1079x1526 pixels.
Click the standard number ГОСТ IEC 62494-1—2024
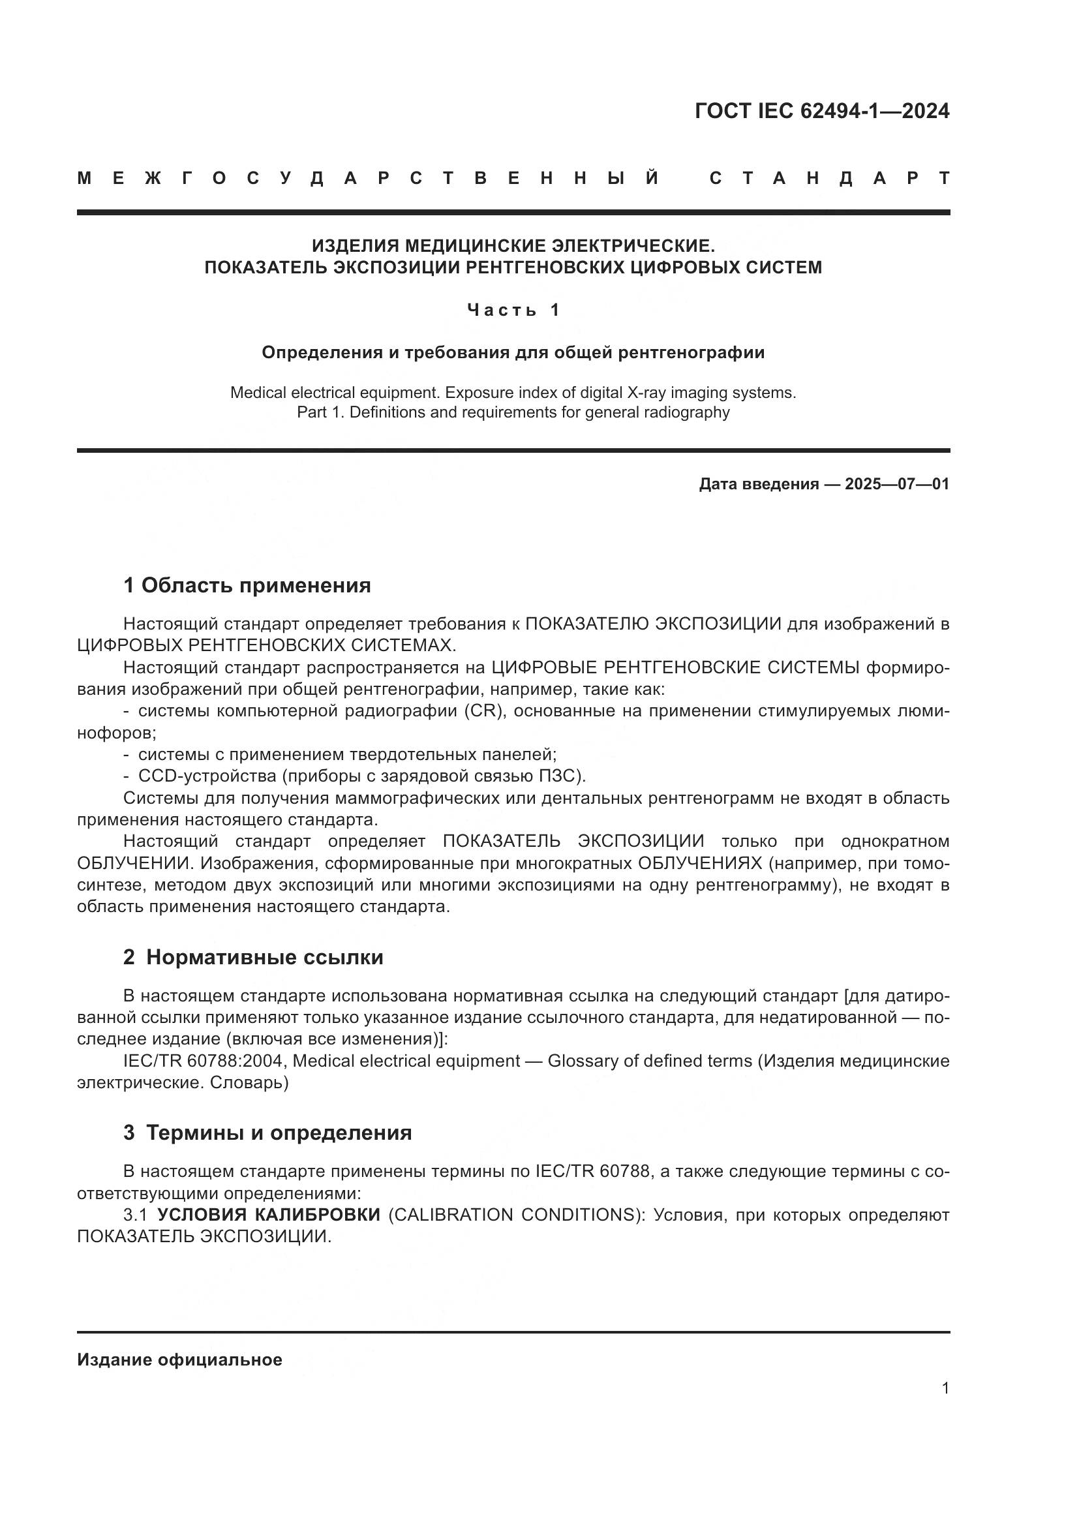pos(822,111)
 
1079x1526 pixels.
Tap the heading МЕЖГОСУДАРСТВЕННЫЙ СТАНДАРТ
pos(513,178)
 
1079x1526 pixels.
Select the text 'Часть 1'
pos(513,310)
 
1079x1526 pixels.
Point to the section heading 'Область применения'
pos(256,585)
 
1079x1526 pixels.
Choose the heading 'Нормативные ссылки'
pos(264,957)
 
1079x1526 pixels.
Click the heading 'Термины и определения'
pos(279,1132)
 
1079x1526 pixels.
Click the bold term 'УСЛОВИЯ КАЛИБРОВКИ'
pos(268,1215)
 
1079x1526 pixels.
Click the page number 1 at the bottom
pos(945,1388)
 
